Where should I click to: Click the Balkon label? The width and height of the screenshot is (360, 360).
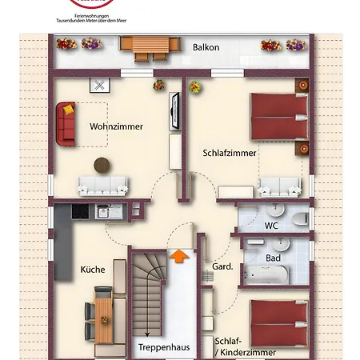click(206, 47)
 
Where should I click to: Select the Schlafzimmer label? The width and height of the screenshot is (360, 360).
click(230, 152)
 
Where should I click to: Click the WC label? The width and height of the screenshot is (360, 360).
click(272, 226)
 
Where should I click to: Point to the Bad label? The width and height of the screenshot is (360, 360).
click(272, 258)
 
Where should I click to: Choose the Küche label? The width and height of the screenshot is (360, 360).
click(92, 270)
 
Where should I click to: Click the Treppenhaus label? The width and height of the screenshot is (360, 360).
click(162, 347)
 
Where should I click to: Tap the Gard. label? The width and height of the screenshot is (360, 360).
click(222, 266)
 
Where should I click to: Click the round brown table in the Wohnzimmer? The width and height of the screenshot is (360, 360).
click(102, 165)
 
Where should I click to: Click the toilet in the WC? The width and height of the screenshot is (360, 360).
click(299, 218)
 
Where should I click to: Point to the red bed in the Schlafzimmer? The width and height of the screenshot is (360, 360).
click(278, 116)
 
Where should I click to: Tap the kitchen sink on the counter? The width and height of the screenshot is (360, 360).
click(102, 212)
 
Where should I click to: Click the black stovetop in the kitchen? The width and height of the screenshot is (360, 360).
click(81, 212)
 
